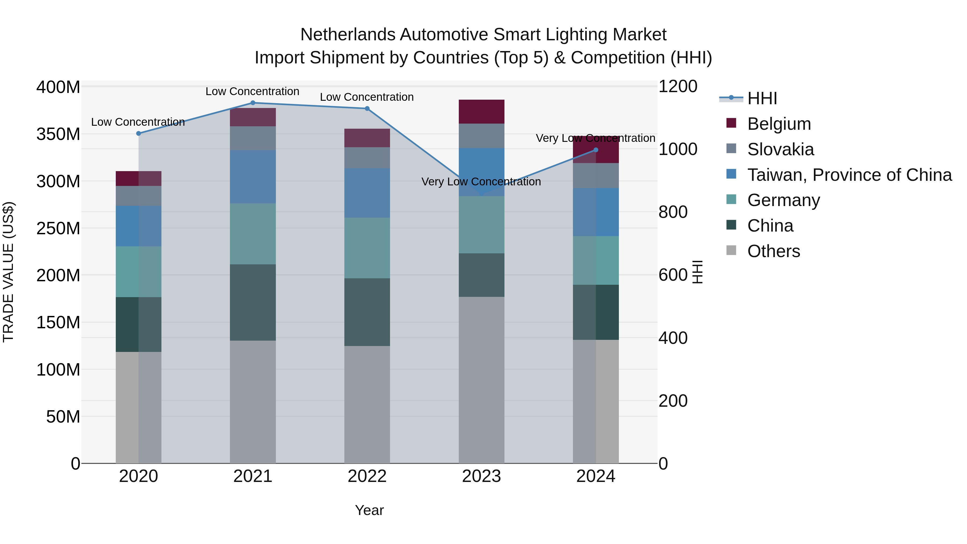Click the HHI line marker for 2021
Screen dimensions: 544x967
[253, 103]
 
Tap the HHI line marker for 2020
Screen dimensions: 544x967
[139, 133]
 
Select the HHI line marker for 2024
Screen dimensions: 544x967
[596, 150]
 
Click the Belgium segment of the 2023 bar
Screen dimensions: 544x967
[481, 111]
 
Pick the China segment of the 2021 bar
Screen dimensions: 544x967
[253, 302]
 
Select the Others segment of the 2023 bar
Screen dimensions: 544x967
[481, 379]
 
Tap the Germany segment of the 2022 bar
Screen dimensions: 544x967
[367, 248]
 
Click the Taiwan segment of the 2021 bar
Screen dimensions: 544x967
[253, 176]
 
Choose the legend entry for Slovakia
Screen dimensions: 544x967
[780, 149]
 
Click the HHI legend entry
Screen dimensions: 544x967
[762, 98]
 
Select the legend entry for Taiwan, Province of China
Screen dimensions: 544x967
[849, 175]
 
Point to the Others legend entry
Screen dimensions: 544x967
[773, 251]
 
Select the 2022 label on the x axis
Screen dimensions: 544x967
[367, 476]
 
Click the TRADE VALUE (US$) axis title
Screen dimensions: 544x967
[8, 272]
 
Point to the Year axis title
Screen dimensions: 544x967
[369, 510]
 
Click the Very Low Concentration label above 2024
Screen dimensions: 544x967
[595, 138]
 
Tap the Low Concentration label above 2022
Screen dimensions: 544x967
[367, 97]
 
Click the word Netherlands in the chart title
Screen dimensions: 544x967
[348, 35]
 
